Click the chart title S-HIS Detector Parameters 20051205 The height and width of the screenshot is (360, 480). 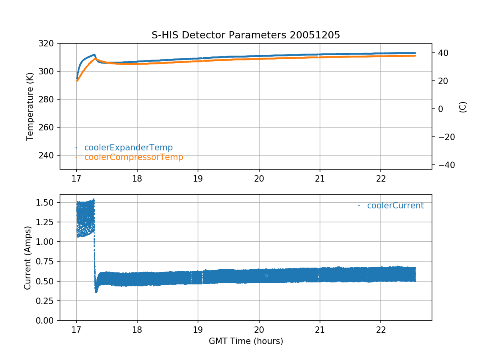tap(246, 35)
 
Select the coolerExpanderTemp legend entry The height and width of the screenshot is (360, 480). tap(128, 148)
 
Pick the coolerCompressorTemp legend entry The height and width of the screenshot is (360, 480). tap(134, 157)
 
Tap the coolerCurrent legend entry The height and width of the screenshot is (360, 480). tap(395, 206)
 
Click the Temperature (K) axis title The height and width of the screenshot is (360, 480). tap(30, 106)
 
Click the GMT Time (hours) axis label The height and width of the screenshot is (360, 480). tap(246, 341)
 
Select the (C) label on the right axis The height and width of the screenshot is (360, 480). tap(463, 106)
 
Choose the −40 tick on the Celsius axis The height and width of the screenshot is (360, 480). tap(444, 165)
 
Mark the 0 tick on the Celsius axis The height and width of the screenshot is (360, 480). tap(439, 109)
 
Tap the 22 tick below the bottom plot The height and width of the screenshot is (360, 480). tap(381, 330)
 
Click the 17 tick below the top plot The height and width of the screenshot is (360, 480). tap(76, 178)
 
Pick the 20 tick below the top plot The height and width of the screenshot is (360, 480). tap(259, 178)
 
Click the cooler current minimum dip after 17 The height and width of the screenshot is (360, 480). tap(96, 291)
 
